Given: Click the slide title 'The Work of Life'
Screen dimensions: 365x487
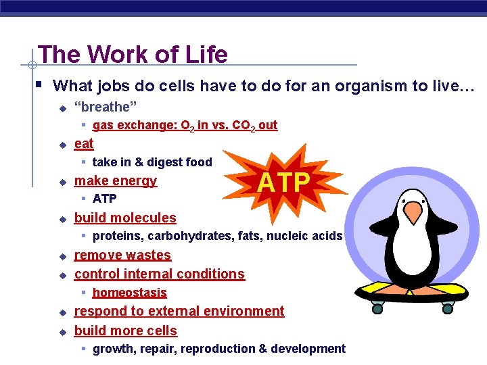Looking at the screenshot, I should (133, 54).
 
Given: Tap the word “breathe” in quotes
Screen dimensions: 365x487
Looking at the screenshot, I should (106, 107).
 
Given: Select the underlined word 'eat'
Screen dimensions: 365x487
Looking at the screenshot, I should (84, 143).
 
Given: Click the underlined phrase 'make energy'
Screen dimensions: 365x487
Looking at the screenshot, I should (115, 180).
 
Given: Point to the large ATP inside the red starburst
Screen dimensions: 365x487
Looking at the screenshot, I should (285, 182).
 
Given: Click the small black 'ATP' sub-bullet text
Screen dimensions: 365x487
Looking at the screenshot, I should (104, 199).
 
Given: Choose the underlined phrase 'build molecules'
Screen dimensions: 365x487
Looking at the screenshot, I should (125, 218).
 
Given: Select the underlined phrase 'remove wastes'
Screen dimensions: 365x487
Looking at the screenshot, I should (122, 255).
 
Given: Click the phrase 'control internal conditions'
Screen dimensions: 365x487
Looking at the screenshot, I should (159, 274).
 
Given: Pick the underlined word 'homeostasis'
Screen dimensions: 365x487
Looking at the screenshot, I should (129, 293).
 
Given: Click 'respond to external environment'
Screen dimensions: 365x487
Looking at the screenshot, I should (179, 311).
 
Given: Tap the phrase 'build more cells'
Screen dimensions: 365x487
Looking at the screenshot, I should (125, 331).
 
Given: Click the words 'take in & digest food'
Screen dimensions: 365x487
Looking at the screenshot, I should (152, 162).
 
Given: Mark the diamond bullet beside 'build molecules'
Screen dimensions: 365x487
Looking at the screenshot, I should (62, 219).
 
